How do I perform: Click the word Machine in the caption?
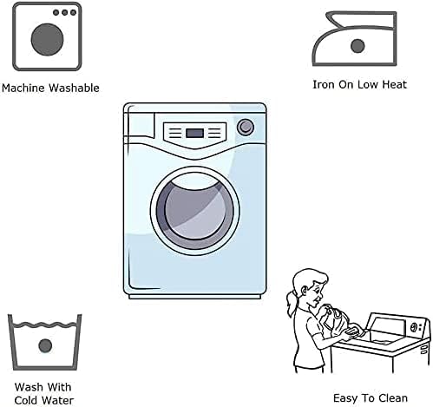(23, 88)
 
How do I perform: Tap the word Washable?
(74, 88)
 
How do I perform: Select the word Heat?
(395, 84)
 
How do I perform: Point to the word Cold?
(27, 401)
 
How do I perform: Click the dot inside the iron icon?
(358, 46)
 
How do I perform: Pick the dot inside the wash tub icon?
(45, 345)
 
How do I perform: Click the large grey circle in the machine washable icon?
(47, 39)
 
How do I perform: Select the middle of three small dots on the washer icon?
(65, 12)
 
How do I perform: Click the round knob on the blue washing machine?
(246, 128)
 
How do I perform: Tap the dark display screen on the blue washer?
(194, 134)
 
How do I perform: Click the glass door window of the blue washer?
(195, 211)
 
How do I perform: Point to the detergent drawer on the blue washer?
(140, 124)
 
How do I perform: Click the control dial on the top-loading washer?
(413, 327)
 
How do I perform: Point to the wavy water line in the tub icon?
(45, 325)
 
